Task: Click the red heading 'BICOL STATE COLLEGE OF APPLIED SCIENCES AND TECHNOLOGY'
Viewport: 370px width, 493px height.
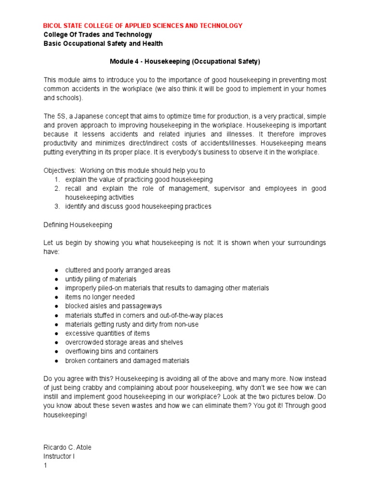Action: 143,26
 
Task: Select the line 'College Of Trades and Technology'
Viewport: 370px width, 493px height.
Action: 98,35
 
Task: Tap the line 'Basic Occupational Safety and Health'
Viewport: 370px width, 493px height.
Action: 103,43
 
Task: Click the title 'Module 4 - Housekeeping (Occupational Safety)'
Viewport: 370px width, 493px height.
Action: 185,62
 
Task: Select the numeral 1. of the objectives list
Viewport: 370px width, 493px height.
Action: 56,179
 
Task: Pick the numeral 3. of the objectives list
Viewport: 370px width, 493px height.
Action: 56,206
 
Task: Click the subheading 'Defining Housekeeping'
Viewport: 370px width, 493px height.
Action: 78,224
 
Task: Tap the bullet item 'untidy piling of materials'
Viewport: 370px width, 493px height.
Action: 101,279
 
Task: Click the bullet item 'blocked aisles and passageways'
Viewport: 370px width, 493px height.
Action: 114,306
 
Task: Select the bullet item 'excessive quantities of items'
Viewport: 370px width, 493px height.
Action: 107,333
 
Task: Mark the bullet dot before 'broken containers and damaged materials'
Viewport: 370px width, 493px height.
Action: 56,361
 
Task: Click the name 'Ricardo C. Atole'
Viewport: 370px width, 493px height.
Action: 67,447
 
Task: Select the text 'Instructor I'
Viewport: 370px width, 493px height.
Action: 59,456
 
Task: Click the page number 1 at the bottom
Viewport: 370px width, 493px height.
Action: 45,465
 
